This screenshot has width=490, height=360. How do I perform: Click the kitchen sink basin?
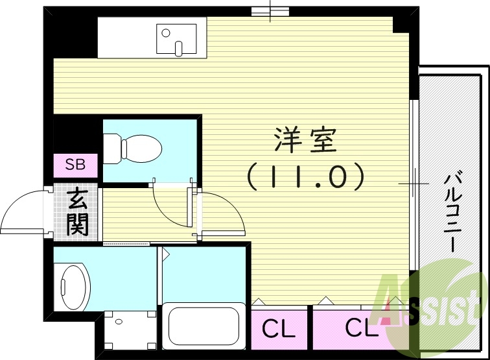176,38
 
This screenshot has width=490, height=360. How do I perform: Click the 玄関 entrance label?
77,211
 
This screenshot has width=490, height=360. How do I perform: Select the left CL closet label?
278,329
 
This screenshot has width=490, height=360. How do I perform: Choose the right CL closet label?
360,328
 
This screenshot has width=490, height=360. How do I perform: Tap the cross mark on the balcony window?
413,184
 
